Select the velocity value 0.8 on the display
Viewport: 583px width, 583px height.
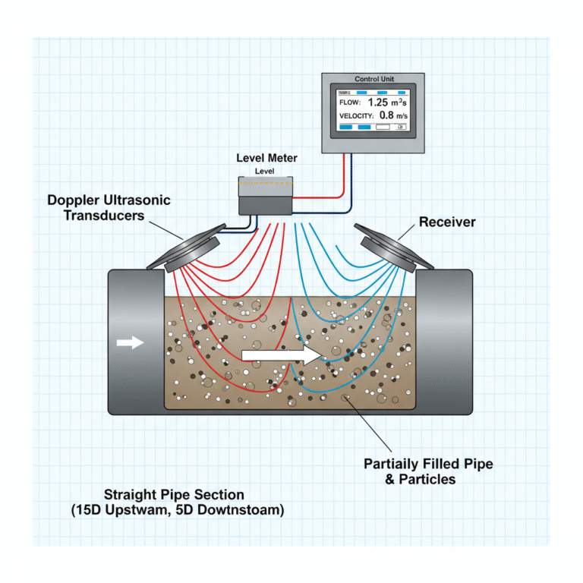[386, 115]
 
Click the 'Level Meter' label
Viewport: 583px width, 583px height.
[266, 158]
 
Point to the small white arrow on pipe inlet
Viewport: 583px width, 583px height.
[131, 342]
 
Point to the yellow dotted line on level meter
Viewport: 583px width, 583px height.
[265, 183]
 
